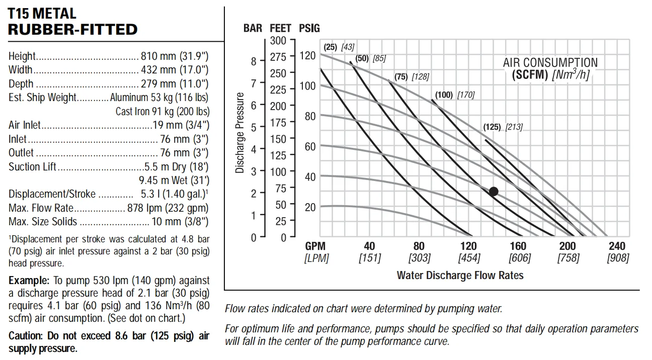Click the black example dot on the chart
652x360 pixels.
point(494,191)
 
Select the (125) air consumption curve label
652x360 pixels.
point(492,127)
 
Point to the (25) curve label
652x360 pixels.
point(330,47)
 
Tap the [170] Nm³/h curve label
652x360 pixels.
point(465,95)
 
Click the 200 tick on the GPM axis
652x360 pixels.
point(567,246)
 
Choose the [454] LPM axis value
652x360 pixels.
point(469,258)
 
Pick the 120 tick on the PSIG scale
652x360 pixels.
point(307,55)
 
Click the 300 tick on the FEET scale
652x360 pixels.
point(278,41)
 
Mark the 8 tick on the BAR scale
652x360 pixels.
point(254,61)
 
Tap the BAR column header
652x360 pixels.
point(253,28)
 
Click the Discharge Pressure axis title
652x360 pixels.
point(240,133)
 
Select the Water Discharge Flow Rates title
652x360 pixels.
point(460,275)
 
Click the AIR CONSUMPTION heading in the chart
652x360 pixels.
point(550,63)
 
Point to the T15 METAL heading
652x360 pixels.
point(42,14)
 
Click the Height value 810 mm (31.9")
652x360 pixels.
point(174,56)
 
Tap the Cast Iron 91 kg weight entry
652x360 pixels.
point(162,111)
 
